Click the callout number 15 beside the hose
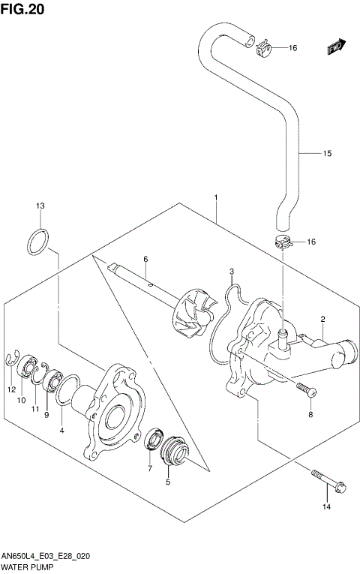coord(327,155)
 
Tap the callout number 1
coord(216,198)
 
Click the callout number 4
coord(61,431)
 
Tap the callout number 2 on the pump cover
coord(322,320)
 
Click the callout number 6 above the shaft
coord(146,259)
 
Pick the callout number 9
coord(46,415)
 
